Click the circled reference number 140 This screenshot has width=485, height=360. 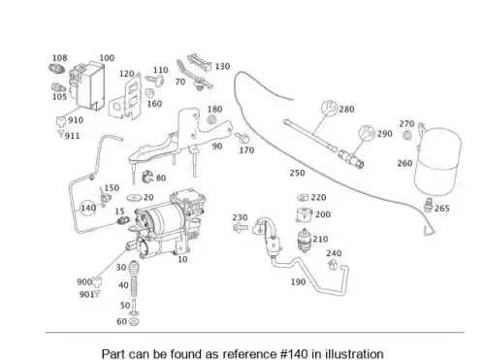[x=88, y=208]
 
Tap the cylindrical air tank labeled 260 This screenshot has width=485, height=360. [x=438, y=162]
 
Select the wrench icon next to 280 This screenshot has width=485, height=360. [x=330, y=109]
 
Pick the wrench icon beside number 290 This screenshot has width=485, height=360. [x=367, y=134]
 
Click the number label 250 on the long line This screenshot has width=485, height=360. [x=297, y=173]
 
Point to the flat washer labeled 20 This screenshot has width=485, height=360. [x=135, y=197]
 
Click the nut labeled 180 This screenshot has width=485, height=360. [x=211, y=119]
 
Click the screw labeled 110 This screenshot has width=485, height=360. [x=155, y=80]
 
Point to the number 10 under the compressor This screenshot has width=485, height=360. [x=182, y=259]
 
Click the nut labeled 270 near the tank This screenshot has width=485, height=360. [x=407, y=134]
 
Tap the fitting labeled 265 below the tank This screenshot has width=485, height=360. [x=429, y=205]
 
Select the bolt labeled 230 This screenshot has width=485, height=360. [x=241, y=227]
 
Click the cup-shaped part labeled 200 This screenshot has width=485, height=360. [x=304, y=215]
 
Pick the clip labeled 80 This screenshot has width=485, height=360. [x=147, y=177]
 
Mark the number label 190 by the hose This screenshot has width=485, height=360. [x=298, y=281]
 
